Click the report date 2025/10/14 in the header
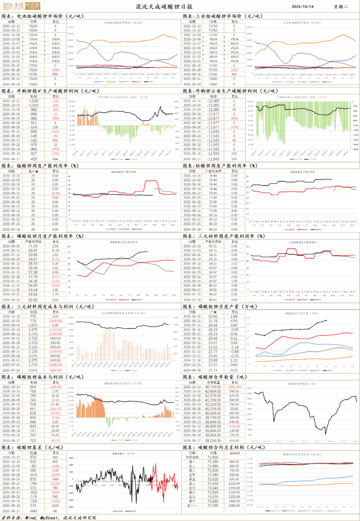(302, 7)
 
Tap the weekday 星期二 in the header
(341, 7)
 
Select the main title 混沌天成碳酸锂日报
(164, 7)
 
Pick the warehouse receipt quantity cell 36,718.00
(213, 387)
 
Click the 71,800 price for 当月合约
(213, 457)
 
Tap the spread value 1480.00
(234, 506)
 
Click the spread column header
(234, 453)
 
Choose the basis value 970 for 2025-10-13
(33, 457)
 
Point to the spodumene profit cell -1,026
(33, 101)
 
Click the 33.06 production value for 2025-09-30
(213, 317)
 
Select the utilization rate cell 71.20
(33, 246)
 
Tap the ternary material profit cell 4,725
(33, 338)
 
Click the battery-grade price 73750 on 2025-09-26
(33, 74)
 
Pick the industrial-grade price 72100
(213, 74)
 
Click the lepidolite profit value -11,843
(213, 159)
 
